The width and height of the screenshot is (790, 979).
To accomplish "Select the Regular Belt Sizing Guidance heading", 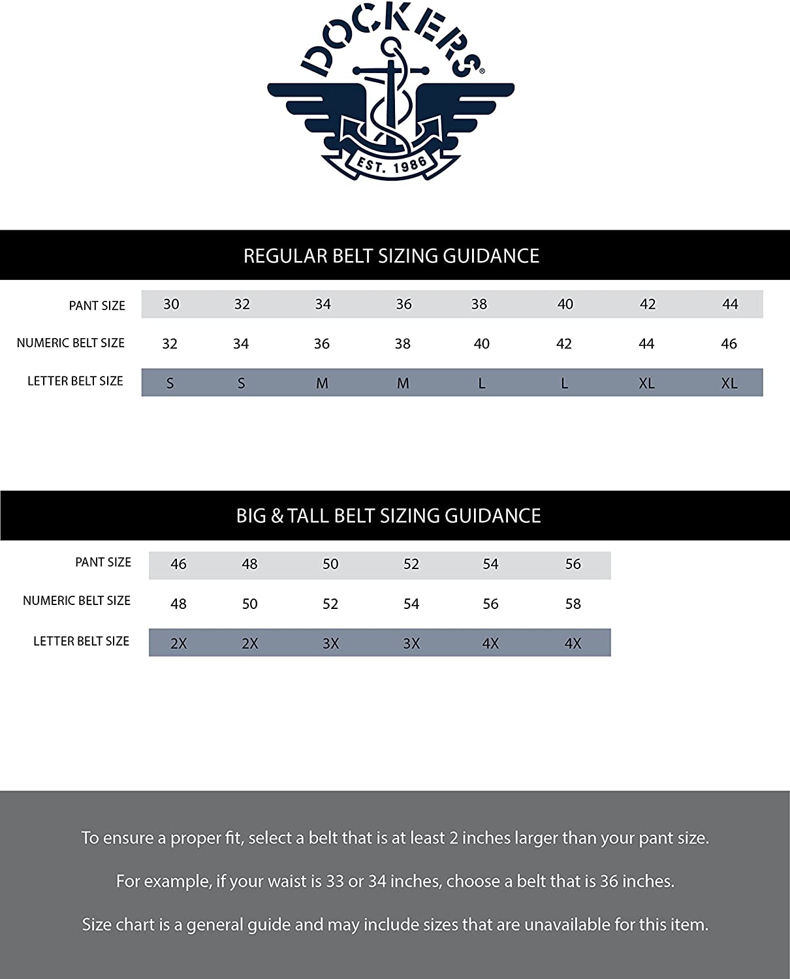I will pos(391,256).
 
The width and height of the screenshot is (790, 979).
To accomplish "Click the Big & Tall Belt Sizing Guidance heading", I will pos(388,516).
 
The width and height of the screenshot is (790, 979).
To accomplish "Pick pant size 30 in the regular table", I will pos(171,304).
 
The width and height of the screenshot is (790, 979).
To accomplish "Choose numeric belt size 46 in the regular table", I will pos(729,344).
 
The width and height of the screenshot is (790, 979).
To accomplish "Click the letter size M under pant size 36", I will pos(403,383).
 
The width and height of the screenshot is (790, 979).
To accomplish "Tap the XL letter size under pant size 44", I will pos(729,383).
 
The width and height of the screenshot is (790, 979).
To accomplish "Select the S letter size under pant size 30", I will pos(170,383).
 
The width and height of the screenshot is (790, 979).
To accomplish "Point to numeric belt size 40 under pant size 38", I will pos(481,344).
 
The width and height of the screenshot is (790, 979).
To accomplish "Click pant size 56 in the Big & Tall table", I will pos(573,564).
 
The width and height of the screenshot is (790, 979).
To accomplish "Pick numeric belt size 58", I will pos(573,604).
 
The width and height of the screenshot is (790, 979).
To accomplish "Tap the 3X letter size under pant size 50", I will pos(330,644).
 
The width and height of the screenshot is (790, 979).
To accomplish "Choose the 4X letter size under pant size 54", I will pos(490,644).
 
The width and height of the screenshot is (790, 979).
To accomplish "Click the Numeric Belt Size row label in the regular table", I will pos(71,343).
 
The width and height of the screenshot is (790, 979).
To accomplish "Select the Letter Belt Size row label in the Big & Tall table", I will pos(81,641).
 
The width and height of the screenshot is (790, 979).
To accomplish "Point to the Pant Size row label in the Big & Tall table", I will pos(103,562).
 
